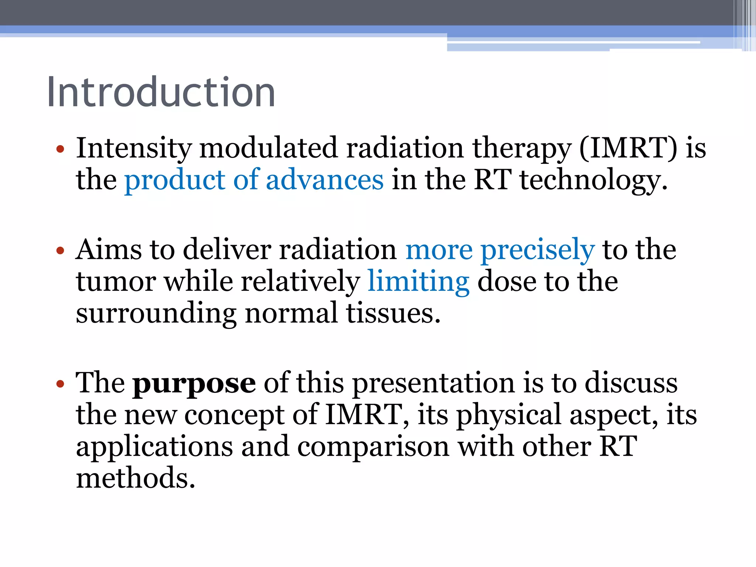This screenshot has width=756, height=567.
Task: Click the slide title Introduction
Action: tap(161, 92)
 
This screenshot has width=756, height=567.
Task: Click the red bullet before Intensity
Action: tap(60, 150)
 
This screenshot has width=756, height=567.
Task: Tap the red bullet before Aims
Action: tap(60, 251)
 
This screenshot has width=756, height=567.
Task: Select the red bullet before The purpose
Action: tap(60, 384)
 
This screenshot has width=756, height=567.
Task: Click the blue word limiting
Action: tap(419, 282)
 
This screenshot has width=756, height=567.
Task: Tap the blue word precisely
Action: tap(537, 250)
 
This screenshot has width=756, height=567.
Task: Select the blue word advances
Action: tap(325, 180)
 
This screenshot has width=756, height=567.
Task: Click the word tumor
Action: tap(116, 282)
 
